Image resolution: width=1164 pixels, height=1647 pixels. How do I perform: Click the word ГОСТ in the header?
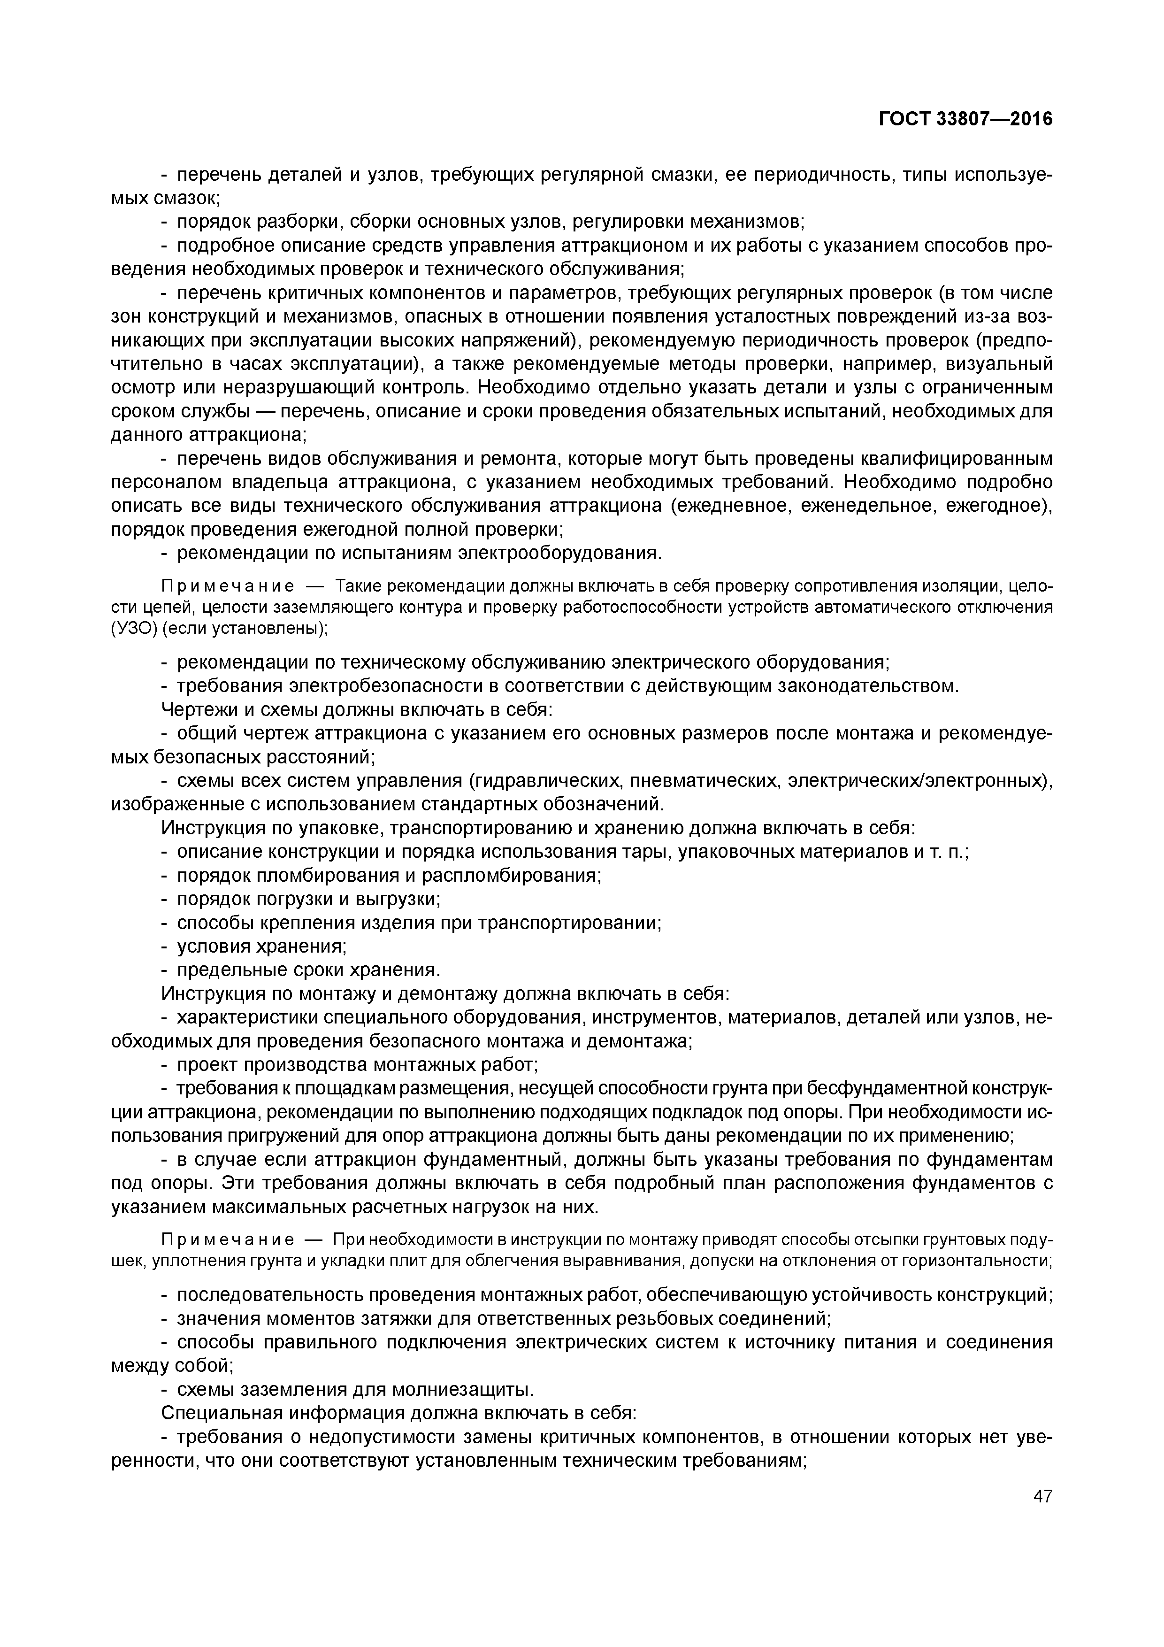[905, 119]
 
